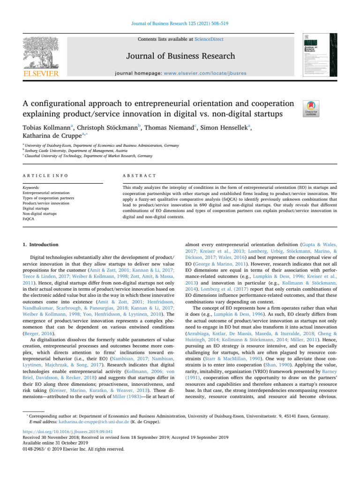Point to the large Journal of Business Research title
point(180,56)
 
